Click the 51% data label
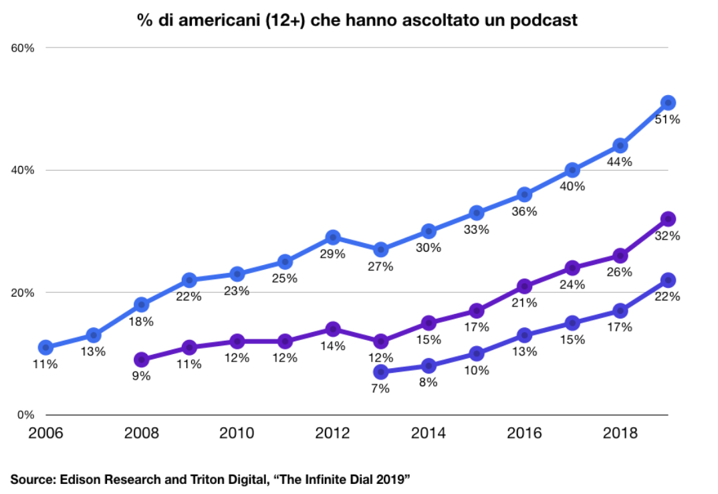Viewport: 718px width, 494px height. (667, 120)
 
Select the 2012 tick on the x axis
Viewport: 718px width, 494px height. (332, 432)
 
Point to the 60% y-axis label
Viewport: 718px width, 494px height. (23, 48)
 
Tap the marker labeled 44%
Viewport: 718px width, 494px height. (620, 146)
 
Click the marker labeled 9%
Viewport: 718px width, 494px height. (142, 359)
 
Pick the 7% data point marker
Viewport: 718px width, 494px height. (380, 372)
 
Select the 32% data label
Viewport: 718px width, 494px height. (667, 236)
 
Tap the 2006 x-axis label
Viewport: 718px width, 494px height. (45, 432)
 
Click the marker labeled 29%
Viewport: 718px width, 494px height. (333, 238)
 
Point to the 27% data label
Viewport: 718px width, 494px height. (380, 266)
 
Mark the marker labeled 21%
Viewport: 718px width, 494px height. (524, 286)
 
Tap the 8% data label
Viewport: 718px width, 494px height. (428, 382)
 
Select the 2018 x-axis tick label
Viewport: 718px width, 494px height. (620, 432)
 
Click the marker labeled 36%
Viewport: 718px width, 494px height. (524, 195)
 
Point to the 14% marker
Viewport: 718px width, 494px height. (333, 329)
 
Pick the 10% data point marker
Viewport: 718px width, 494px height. (477, 353)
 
